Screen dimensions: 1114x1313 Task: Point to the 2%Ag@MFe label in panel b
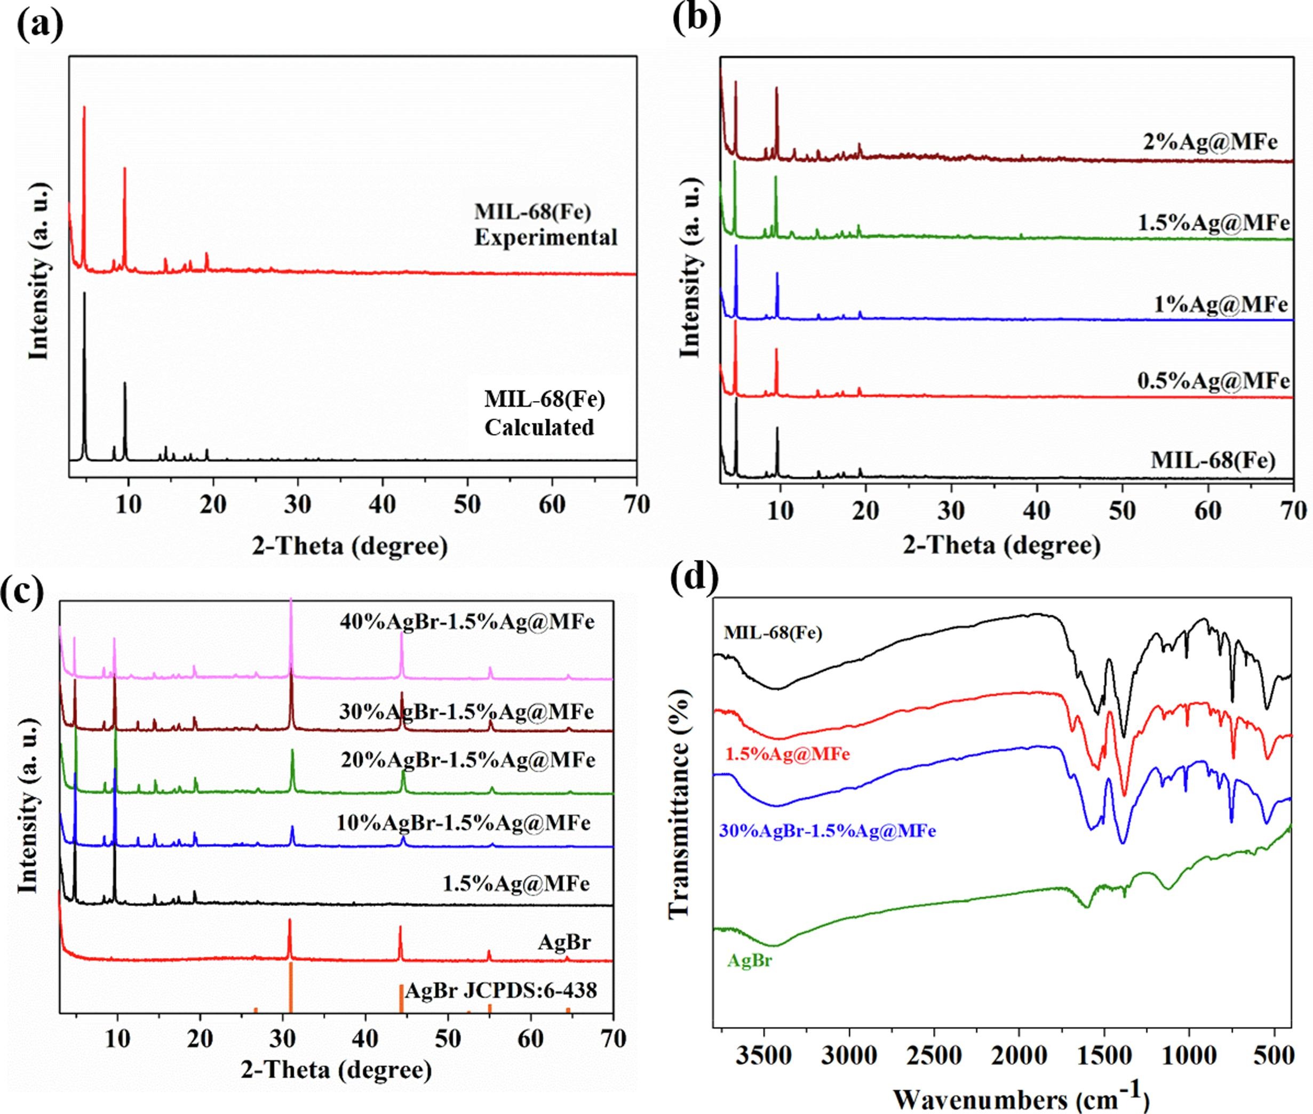coord(1210,141)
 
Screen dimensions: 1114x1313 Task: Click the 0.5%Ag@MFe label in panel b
coord(1213,381)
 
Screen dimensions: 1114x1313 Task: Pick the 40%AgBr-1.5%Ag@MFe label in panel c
coord(467,622)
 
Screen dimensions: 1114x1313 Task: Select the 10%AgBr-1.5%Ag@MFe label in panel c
coord(464,823)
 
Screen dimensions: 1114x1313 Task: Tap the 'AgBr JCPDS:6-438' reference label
coord(501,990)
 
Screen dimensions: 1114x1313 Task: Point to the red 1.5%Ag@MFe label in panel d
coord(788,754)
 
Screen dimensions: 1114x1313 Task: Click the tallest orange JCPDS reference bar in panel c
coord(291,995)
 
